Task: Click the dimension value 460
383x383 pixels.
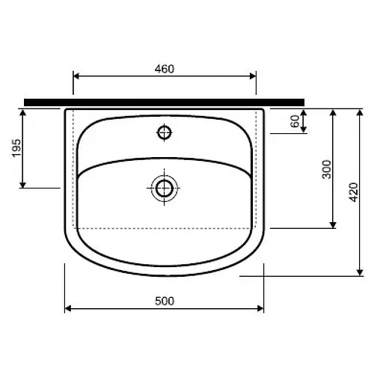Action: (164, 69)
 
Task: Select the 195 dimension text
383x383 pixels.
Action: (16, 149)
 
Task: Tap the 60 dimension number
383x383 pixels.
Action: (295, 120)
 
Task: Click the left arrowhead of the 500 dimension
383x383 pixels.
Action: (69, 307)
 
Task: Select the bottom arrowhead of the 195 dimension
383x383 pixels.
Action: (24, 184)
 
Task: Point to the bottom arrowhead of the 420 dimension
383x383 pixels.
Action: (360, 272)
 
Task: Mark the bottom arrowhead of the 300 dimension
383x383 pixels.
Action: (333, 224)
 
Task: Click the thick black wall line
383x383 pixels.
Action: (164, 100)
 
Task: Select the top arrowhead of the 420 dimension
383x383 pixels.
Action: (360, 112)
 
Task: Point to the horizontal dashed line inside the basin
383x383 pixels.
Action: (164, 227)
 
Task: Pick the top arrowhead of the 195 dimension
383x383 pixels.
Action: (24, 112)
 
